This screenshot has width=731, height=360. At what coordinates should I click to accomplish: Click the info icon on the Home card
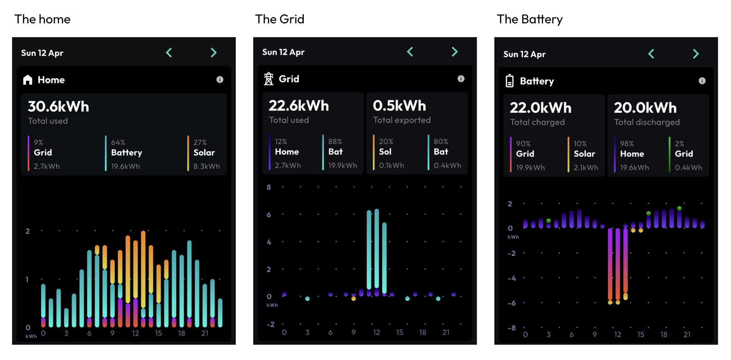[x=220, y=80]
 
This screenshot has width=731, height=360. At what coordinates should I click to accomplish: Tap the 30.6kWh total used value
[x=59, y=106]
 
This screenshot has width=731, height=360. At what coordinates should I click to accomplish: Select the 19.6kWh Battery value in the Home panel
[x=125, y=167]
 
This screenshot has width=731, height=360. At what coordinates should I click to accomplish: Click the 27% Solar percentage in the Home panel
[x=200, y=142]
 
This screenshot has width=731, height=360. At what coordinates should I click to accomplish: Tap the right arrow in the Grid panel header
[x=455, y=52]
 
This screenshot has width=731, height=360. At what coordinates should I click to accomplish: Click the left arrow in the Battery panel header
[x=651, y=54]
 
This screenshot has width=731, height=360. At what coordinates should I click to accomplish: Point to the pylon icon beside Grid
[x=269, y=79]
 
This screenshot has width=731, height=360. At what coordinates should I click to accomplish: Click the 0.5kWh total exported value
[x=399, y=106]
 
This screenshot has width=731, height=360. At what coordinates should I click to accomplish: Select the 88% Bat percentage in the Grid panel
[x=335, y=142]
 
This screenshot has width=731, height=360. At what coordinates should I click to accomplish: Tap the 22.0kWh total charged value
[x=540, y=108]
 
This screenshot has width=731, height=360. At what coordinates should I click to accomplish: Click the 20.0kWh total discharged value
[x=645, y=108]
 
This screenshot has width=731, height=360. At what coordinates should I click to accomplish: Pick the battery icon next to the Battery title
[x=510, y=81]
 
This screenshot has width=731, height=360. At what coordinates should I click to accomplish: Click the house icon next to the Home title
[x=28, y=80]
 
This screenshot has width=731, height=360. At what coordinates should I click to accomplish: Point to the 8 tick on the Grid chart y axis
[x=269, y=187]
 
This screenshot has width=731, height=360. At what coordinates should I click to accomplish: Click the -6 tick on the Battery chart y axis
[x=511, y=303]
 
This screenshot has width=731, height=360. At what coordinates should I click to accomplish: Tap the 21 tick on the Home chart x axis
[x=205, y=333]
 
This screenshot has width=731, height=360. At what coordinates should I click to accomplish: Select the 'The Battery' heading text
[x=529, y=19]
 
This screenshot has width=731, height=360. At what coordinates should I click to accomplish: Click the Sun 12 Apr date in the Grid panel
[x=283, y=52]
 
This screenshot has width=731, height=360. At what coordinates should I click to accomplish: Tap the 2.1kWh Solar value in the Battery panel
[x=586, y=168]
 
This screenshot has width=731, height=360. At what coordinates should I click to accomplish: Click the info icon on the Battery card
[x=702, y=81]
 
